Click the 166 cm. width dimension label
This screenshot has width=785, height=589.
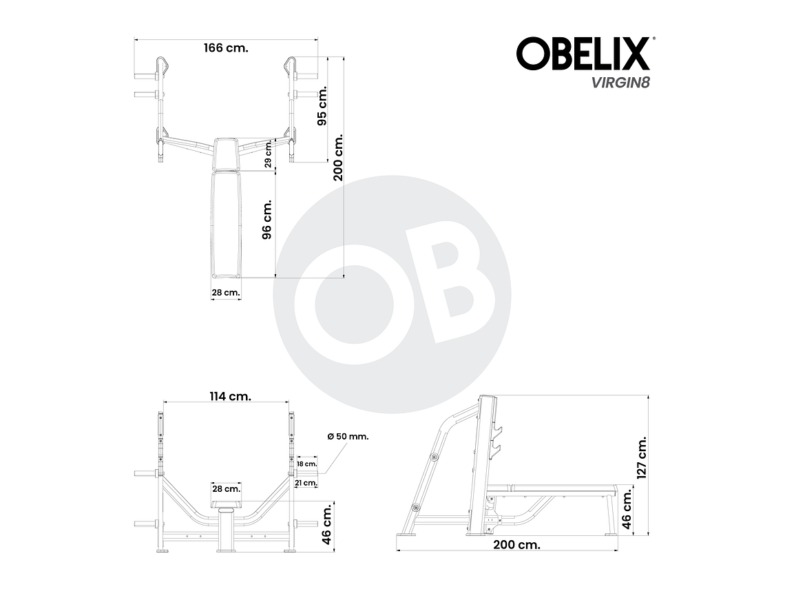tap(226, 48)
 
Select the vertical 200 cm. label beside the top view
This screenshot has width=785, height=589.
tap(338, 158)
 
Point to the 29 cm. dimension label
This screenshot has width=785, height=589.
tap(268, 154)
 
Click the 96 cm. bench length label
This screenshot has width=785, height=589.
tap(267, 219)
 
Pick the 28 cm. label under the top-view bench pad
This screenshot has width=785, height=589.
tap(226, 293)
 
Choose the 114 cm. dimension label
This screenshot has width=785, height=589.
tap(230, 396)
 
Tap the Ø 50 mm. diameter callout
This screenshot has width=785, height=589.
tap(348, 437)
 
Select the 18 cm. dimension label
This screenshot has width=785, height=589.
tap(307, 464)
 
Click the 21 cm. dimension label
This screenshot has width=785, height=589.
tap(307, 483)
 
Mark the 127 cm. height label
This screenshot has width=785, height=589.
tap(642, 456)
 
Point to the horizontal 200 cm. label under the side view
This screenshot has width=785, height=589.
tap(516, 544)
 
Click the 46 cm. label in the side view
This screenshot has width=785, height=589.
tap(628, 510)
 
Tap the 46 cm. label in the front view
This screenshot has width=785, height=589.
tap(328, 523)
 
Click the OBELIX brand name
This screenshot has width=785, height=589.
tap(583, 54)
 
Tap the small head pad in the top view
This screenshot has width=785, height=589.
tap(227, 154)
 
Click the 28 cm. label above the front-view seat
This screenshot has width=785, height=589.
tap(226, 488)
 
